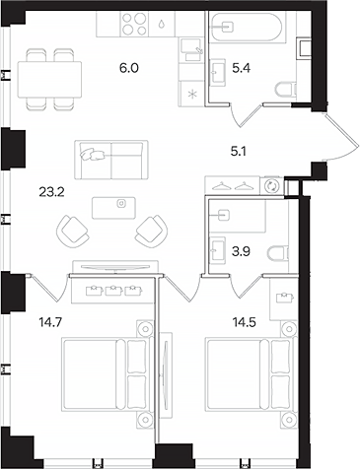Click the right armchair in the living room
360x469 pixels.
pos(151,231)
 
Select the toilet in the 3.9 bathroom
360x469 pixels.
pos(278,251)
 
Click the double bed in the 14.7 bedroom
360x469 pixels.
pos(100,369)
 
